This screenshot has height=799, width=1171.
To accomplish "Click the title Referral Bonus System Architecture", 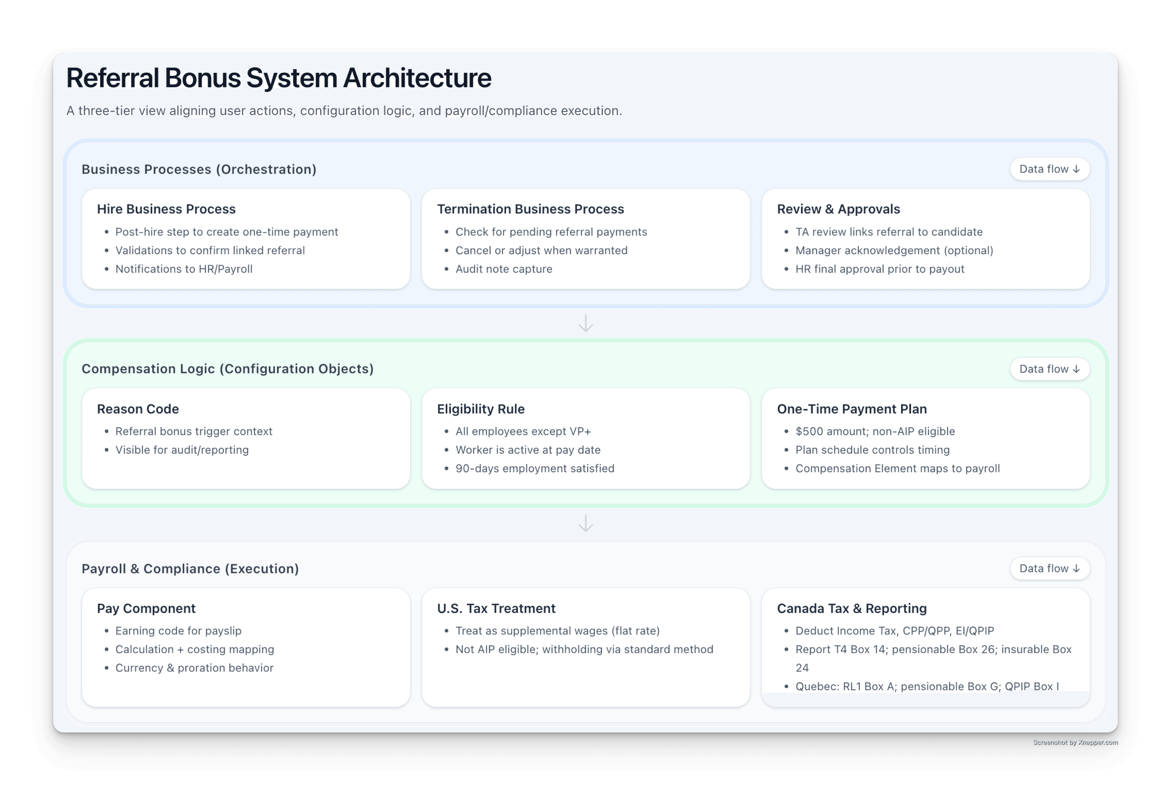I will pyautogui.click(x=279, y=78).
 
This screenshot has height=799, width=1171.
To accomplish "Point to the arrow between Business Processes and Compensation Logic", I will pyautogui.click(x=585, y=323).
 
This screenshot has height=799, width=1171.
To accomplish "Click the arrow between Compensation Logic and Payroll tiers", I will pyautogui.click(x=585, y=523).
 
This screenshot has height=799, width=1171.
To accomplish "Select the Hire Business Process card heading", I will pyautogui.click(x=166, y=209).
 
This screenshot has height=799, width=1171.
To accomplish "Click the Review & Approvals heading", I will pyautogui.click(x=838, y=209).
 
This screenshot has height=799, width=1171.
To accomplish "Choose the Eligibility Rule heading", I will pyautogui.click(x=481, y=409).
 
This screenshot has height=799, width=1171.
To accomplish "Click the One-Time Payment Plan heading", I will pyautogui.click(x=852, y=409).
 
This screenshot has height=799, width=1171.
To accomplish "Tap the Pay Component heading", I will pyautogui.click(x=146, y=608).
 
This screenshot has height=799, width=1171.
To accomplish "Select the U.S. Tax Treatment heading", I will pyautogui.click(x=496, y=608).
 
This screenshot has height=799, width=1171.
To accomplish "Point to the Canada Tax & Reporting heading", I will pyautogui.click(x=852, y=608).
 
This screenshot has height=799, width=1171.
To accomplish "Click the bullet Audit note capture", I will pyautogui.click(x=504, y=269).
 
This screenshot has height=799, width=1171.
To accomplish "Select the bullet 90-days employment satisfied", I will pyautogui.click(x=535, y=468).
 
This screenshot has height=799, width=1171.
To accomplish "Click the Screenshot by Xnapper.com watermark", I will pyautogui.click(x=1075, y=742).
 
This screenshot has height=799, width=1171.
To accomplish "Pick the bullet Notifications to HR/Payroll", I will pyautogui.click(x=184, y=269).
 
